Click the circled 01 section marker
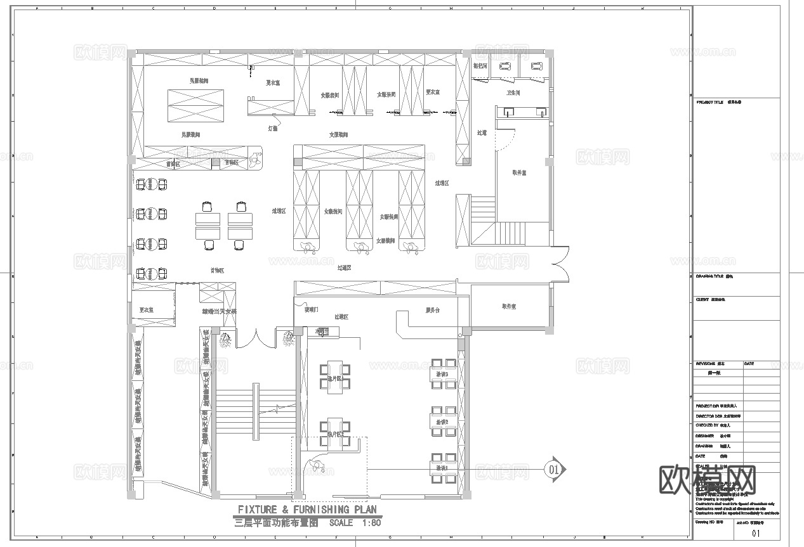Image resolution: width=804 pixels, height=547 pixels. click(x=553, y=469)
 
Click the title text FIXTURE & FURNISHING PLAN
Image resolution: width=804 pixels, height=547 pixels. click(x=307, y=510)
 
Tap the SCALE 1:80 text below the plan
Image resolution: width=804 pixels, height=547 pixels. click(x=355, y=524)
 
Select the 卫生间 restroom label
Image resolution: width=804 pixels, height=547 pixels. click(x=513, y=93)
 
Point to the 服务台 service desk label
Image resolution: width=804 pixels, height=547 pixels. click(x=433, y=311)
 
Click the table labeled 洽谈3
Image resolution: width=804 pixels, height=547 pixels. click(x=443, y=373)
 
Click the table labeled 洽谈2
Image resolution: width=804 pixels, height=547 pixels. click(x=443, y=422)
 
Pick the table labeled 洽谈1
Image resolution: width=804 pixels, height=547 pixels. click(x=443, y=468)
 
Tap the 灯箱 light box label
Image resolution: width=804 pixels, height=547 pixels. click(x=272, y=128)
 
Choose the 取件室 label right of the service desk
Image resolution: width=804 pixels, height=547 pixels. click(x=509, y=306)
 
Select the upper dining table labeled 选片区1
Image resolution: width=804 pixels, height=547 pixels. click(x=334, y=378)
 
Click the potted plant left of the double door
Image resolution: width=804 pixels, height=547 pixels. click(x=225, y=340)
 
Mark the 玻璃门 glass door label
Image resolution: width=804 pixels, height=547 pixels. click(x=311, y=311)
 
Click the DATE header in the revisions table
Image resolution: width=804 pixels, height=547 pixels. click(x=749, y=364)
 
